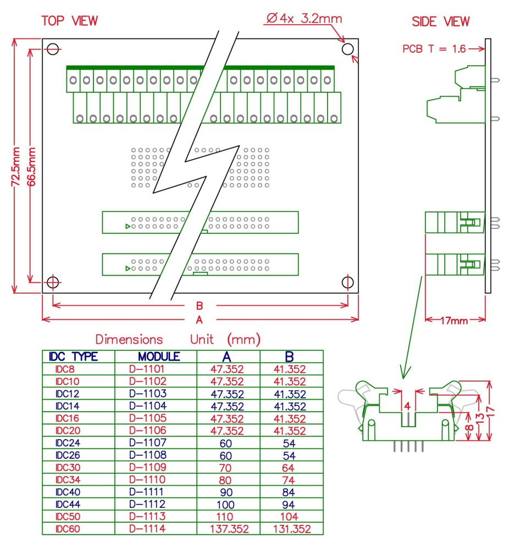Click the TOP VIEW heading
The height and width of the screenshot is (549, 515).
(x=70, y=21)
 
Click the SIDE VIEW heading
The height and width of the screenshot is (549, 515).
(x=441, y=21)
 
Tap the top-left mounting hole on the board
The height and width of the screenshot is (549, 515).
(x=52, y=49)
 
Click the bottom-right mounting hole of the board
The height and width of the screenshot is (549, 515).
(x=347, y=282)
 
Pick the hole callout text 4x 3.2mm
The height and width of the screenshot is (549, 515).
(x=304, y=19)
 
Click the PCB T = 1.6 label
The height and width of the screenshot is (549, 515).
(x=434, y=49)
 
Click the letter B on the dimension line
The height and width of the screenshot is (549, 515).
(x=200, y=306)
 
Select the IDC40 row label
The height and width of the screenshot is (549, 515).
(x=69, y=492)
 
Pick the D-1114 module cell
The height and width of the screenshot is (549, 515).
(x=147, y=529)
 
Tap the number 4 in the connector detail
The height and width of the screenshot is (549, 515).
(x=407, y=406)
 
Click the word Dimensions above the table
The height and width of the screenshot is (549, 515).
(x=129, y=339)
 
